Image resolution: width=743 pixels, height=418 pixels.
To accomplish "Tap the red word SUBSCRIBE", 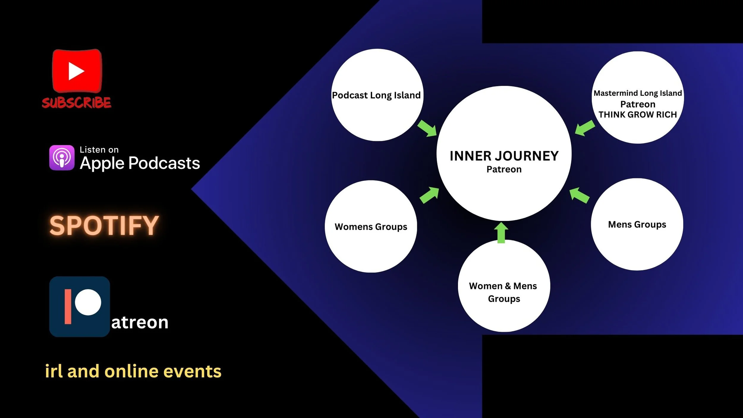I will [76, 103].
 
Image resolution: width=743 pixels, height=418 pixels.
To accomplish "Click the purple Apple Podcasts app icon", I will [62, 158].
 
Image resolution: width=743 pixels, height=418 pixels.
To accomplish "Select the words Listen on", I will [99, 150].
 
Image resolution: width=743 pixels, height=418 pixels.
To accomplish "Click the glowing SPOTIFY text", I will [104, 225].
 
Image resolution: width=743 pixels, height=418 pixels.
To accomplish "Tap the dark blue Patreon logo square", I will [79, 307].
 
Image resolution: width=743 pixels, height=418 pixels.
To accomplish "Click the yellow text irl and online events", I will [133, 371].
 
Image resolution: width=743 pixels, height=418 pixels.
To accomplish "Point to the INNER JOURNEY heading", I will [504, 156].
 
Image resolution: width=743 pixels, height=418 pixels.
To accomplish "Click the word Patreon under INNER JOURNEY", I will [504, 169].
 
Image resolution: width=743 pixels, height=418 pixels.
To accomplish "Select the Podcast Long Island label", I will [376, 95].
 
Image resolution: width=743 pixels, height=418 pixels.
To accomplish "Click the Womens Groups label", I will [371, 227].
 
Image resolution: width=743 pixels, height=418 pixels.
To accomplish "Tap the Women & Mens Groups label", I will [503, 292].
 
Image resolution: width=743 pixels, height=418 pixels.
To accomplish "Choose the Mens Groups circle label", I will [637, 224].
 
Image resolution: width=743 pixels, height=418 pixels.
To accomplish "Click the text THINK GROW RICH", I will [637, 114].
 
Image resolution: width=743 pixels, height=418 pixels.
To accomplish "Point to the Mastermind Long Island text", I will [637, 93].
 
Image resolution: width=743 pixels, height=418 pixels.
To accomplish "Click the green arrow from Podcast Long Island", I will [427, 128].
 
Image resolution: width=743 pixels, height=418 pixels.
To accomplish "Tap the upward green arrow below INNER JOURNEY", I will [501, 233].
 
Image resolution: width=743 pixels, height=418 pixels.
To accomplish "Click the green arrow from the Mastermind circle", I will [585, 128].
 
